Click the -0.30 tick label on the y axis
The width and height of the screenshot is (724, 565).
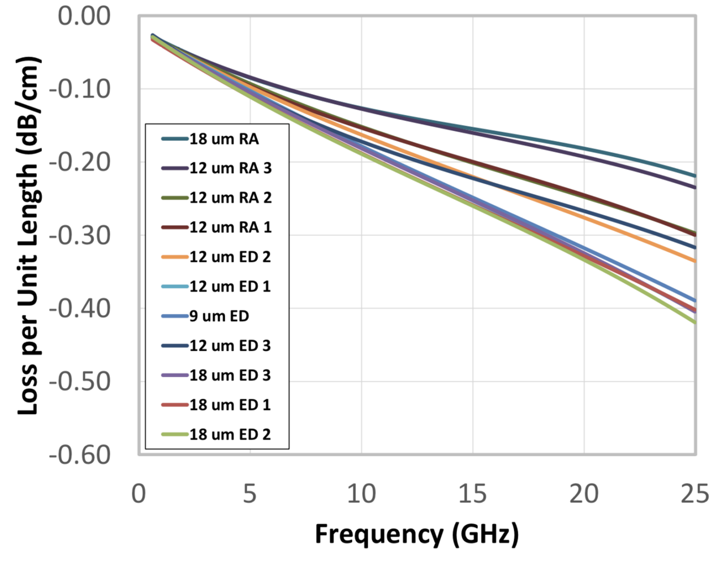coord(80,235)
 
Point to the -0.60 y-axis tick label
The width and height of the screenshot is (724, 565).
coord(80,455)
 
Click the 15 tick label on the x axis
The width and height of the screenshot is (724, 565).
coord(472,494)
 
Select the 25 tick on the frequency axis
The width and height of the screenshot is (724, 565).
coord(695,494)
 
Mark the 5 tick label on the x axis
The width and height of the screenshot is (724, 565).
coord(249,494)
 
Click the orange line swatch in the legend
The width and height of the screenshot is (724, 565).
coord(174,257)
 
